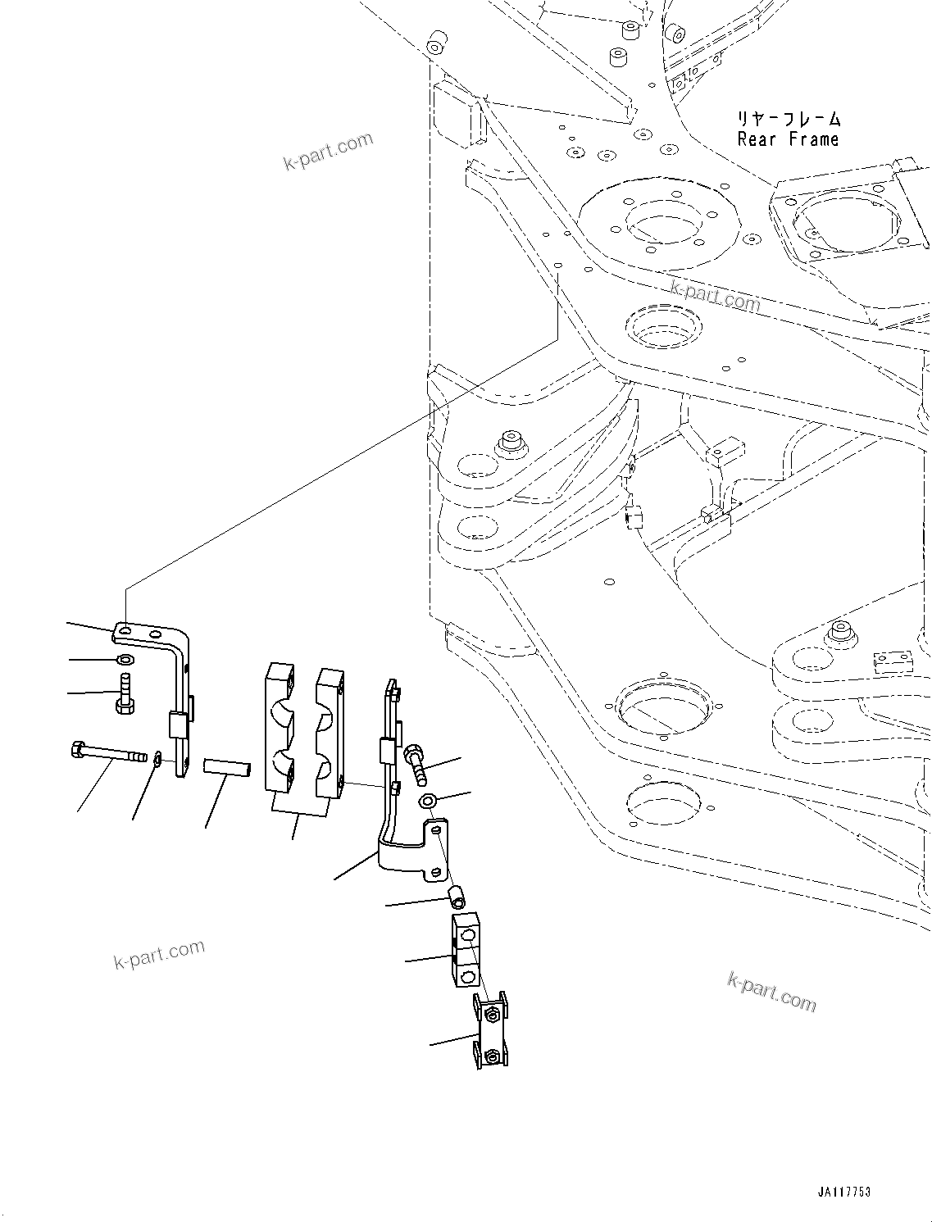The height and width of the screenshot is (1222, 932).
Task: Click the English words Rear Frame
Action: coord(788,139)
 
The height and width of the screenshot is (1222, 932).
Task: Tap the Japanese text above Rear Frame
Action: coord(788,120)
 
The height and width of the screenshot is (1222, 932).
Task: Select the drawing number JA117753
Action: coord(843,1192)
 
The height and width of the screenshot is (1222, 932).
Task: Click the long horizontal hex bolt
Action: coord(107,751)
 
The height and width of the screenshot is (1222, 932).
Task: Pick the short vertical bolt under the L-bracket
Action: coord(125,693)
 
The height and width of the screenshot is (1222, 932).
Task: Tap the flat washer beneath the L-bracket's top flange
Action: coord(125,660)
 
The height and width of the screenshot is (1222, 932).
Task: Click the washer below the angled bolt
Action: coord(428,799)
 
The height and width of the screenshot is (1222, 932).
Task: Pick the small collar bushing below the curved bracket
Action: coord(457,897)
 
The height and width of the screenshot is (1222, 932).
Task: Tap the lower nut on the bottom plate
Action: coord(491,1056)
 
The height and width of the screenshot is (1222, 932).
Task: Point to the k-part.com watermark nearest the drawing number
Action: coord(771,992)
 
